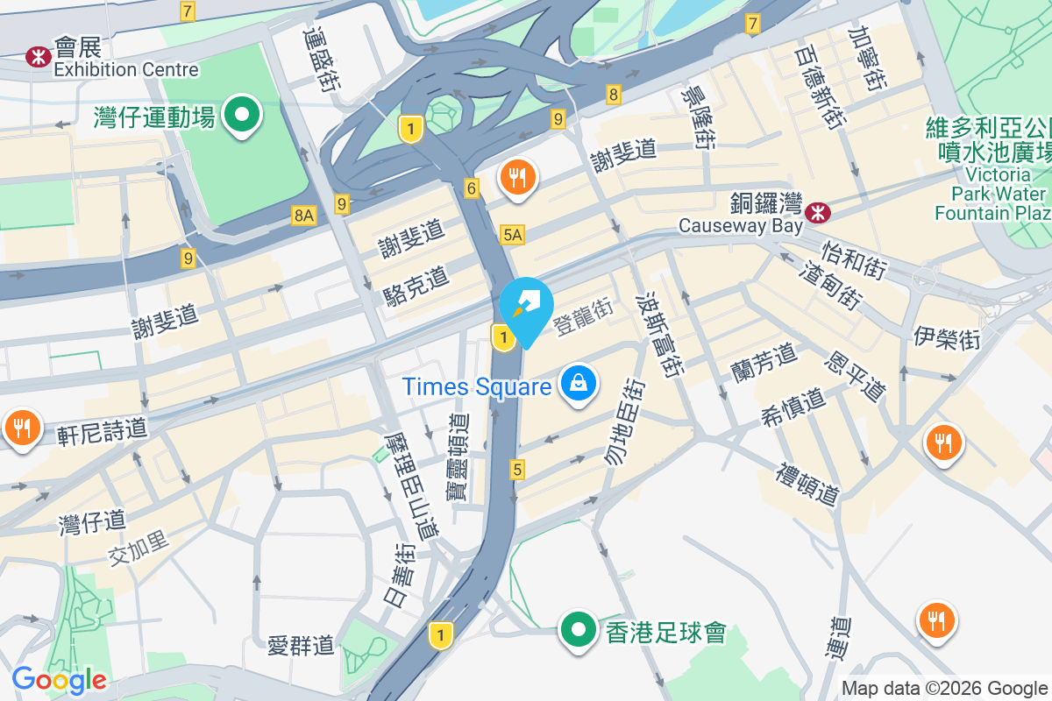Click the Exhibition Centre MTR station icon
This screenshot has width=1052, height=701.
pyautogui.click(x=38, y=57)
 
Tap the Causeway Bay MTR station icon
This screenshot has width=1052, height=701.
pyautogui.click(x=818, y=211)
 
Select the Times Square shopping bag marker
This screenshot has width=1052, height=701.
pyautogui.click(x=579, y=385)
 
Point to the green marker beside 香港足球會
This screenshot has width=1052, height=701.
pyautogui.click(x=578, y=630)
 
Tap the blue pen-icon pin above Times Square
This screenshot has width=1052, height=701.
pyautogui.click(x=526, y=307)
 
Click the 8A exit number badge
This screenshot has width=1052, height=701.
pyautogui.click(x=304, y=215)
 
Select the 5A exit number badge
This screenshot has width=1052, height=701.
pyautogui.click(x=513, y=234)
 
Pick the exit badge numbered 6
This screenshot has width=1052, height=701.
pyautogui.click(x=472, y=188)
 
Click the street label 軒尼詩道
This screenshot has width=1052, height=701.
pyautogui.click(x=102, y=430)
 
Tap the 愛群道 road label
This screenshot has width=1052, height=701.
pyautogui.click(x=302, y=647)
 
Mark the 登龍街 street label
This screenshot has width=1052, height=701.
pyautogui.click(x=584, y=317)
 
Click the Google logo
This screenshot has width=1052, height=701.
pyautogui.click(x=60, y=679)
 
